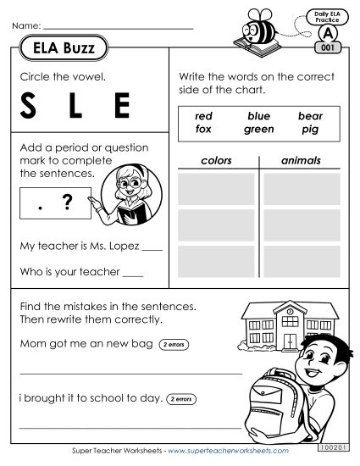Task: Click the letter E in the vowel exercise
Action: point(122,108)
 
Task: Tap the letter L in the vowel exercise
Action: point(76,108)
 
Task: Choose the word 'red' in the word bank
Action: point(202,116)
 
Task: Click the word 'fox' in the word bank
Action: point(202,130)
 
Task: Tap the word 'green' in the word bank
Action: point(258,130)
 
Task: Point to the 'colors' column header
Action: point(216,160)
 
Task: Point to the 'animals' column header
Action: point(301,160)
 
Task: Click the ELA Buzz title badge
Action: point(64,49)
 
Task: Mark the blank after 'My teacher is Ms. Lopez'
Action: point(152,250)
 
